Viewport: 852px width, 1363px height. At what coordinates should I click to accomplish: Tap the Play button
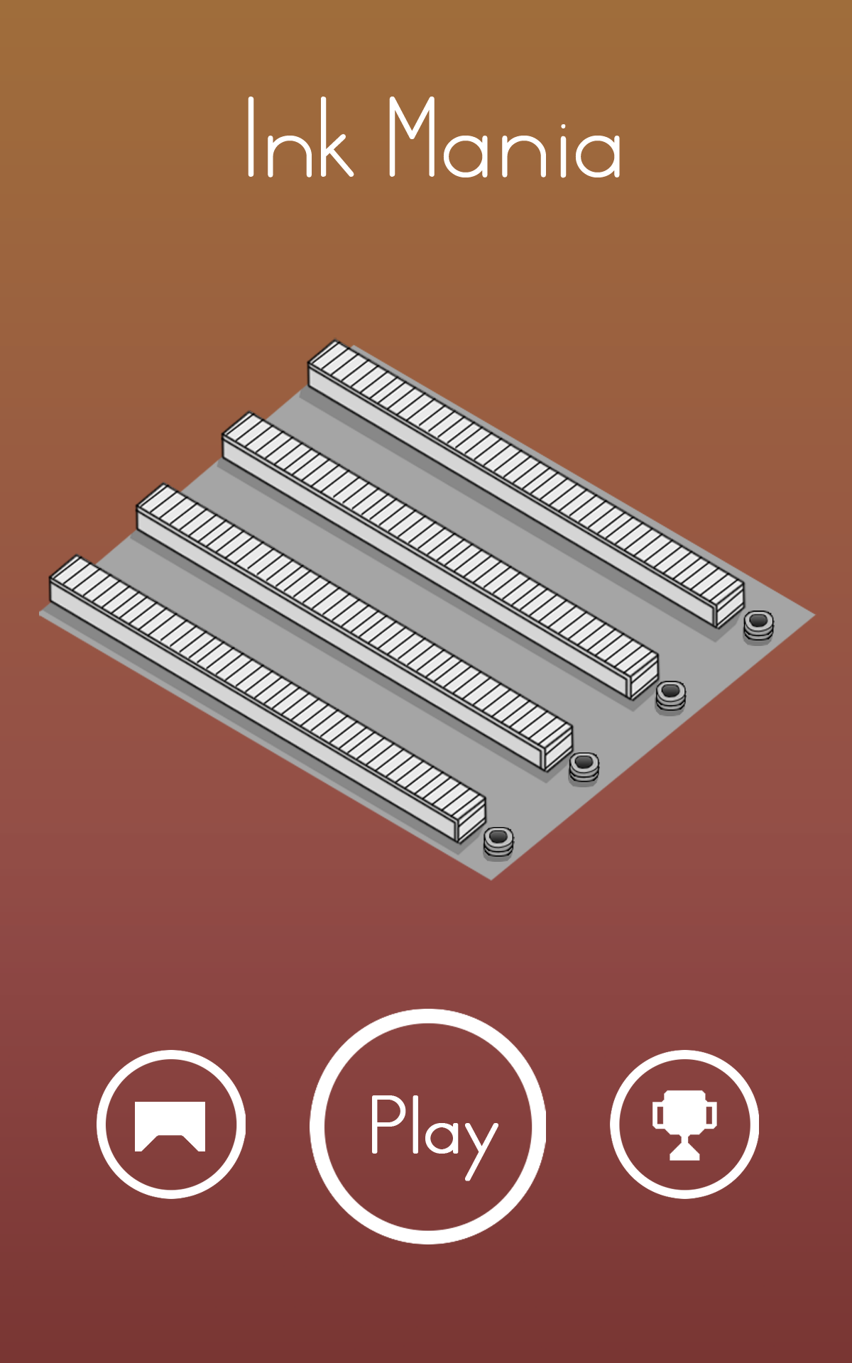point(427,1126)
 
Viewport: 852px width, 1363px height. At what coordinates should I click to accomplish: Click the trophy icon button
point(684,1124)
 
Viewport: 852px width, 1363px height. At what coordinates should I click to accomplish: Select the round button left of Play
point(171,1124)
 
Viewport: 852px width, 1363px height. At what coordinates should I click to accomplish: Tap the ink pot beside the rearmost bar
point(758,626)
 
